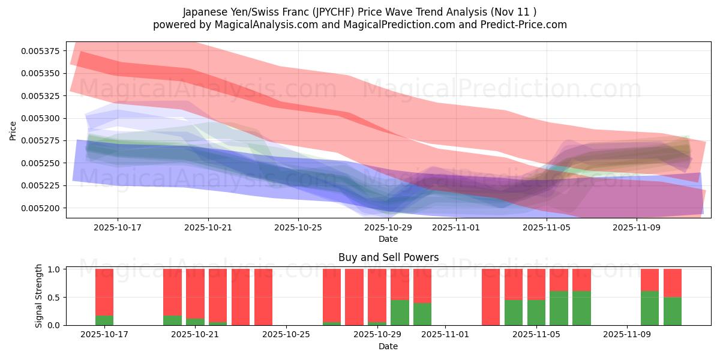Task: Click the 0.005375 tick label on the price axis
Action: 41,51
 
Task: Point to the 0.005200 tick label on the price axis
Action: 41,208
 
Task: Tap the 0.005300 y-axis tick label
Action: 41,118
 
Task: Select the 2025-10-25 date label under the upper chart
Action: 298,228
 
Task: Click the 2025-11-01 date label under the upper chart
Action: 456,228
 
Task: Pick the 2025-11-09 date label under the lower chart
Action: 626,335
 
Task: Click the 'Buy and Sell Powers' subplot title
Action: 388,257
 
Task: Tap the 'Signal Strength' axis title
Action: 39,296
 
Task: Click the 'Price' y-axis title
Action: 13,130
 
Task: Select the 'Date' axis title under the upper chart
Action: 388,239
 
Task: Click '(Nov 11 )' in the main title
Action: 514,11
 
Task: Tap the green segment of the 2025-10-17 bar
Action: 104,320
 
